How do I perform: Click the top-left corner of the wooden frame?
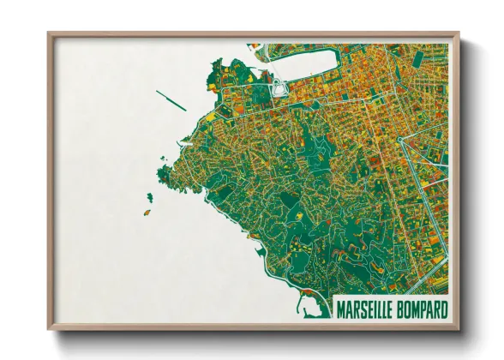pos(50,34)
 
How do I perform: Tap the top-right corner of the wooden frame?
pos(458,34)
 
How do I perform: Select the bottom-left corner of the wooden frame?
pos(50,328)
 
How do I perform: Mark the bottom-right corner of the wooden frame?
pos(458,328)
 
